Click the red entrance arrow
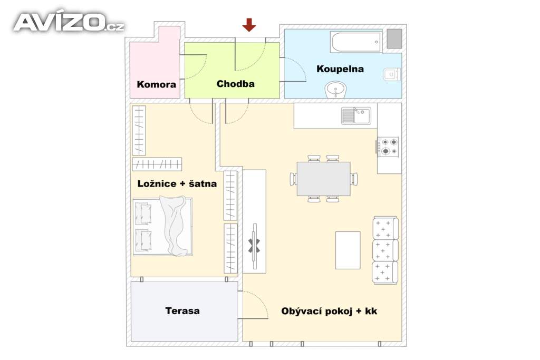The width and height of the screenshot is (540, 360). (249, 25)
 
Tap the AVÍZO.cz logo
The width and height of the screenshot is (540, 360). (69, 22)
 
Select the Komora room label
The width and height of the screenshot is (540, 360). (156, 84)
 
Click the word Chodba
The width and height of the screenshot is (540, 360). (236, 84)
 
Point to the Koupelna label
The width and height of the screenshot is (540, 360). (340, 69)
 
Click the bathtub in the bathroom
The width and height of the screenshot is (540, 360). (356, 42)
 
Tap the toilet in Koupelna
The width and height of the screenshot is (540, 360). (392, 74)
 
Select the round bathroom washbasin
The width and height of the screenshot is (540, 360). (335, 90)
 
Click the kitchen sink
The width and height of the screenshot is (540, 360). (356, 115)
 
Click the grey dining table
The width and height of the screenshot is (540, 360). (323, 179)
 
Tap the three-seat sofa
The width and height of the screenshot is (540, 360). (385, 250)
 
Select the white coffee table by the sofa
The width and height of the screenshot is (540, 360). (348, 250)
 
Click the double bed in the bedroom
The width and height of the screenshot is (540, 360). (162, 226)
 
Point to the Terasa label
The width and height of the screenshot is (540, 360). (182, 311)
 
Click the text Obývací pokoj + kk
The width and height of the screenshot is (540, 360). (329, 311)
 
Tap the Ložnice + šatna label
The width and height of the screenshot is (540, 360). (177, 184)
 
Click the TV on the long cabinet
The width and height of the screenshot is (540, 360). (255, 246)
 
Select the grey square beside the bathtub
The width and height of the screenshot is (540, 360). (394, 39)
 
